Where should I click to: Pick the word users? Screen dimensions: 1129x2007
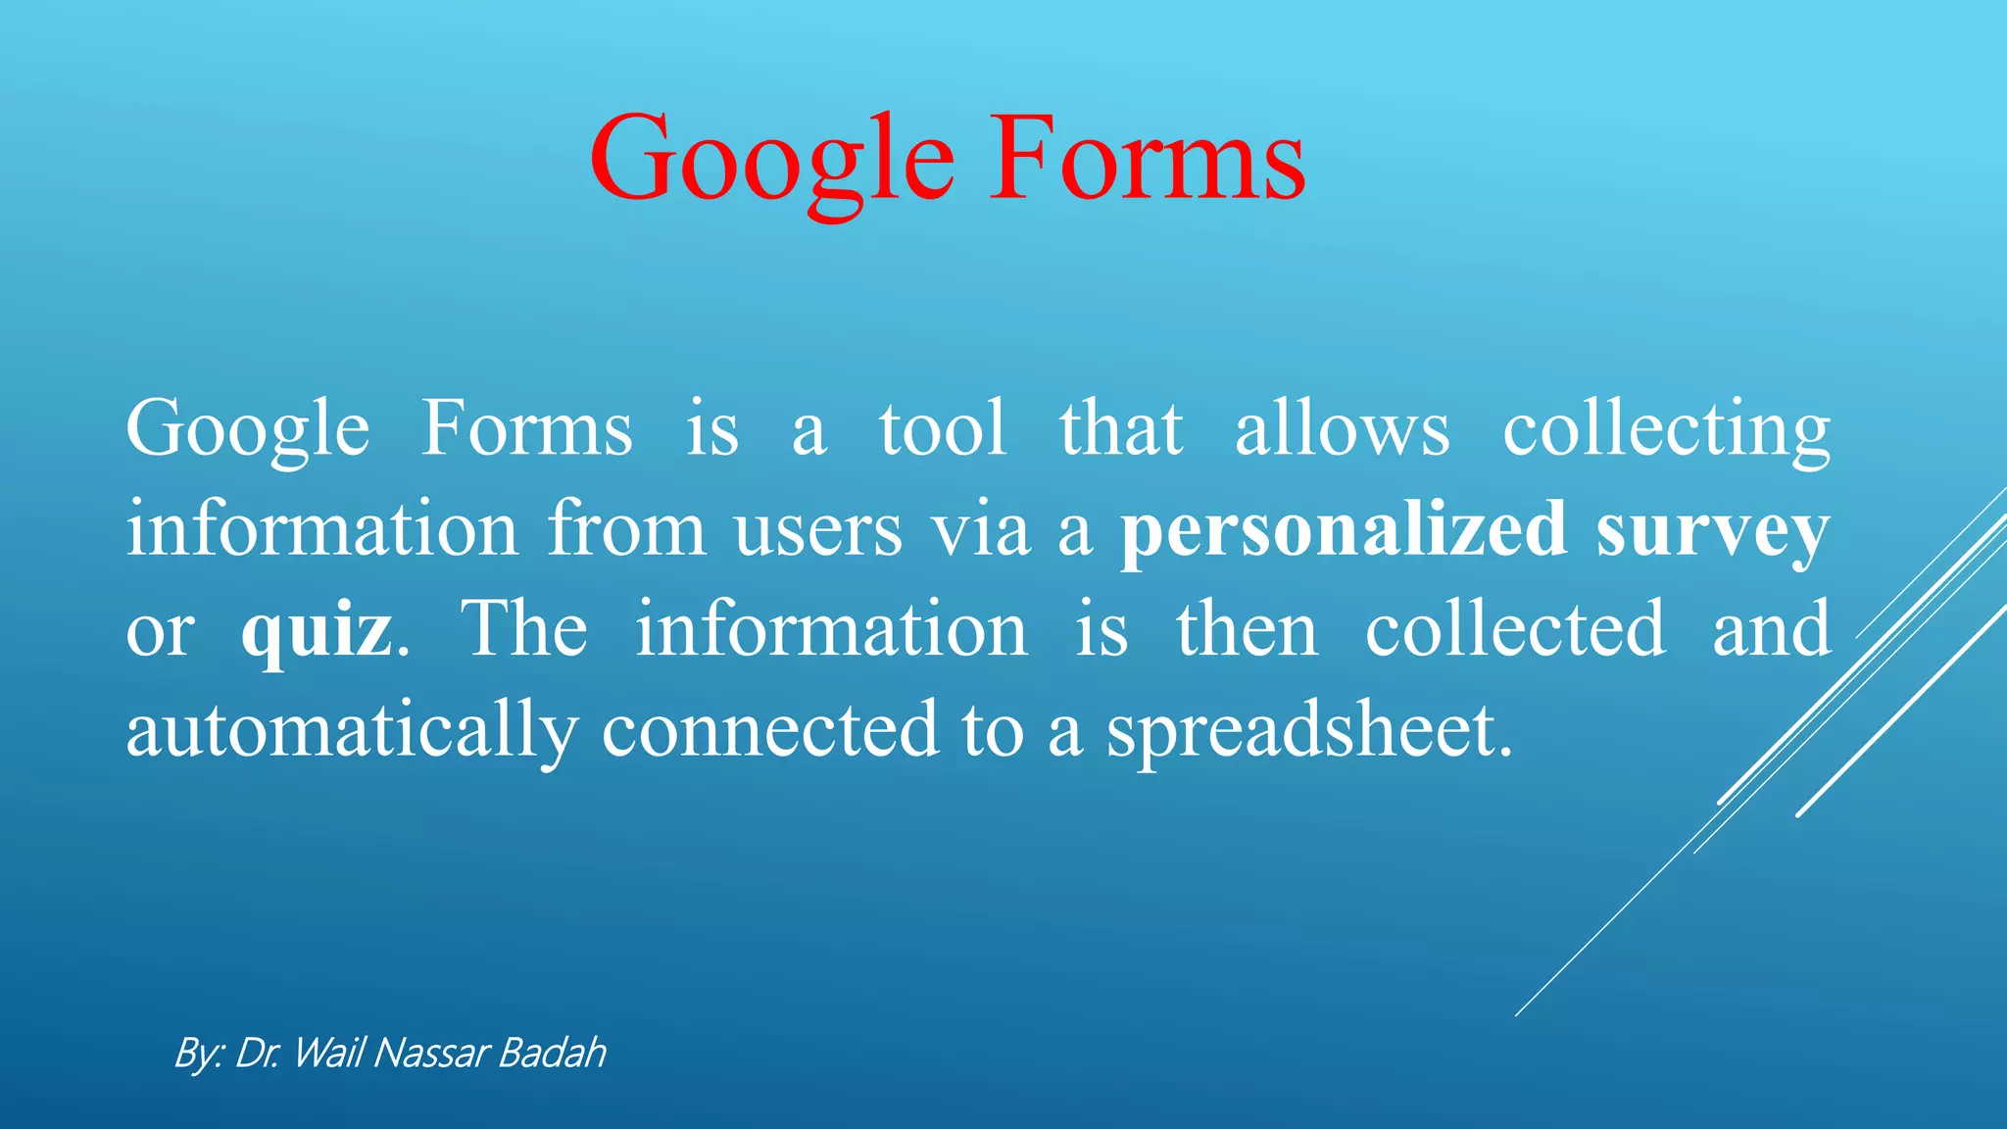point(818,530)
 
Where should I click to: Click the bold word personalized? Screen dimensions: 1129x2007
point(1344,530)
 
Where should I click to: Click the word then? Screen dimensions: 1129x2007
point(1247,630)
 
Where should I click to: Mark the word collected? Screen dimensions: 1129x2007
point(1515,630)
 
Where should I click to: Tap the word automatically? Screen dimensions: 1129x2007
point(352,731)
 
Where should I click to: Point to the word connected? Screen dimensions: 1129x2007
point(770,731)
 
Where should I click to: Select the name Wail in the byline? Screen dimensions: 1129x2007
point(328,1054)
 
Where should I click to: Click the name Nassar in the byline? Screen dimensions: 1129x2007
point(431,1054)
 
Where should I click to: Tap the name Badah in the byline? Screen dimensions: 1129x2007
point(552,1054)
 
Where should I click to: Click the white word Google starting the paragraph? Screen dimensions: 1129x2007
point(247,431)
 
